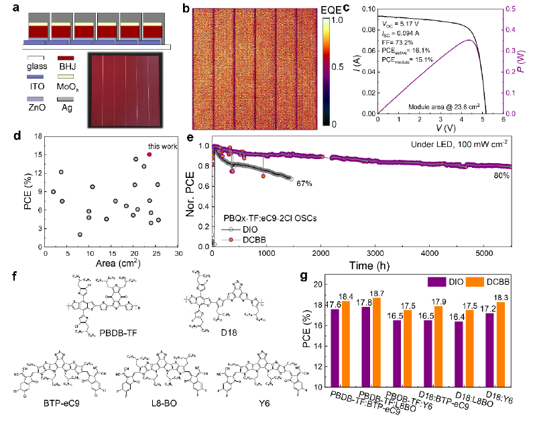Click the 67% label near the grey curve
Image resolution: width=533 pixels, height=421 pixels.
pos(303,183)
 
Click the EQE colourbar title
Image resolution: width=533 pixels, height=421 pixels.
pos(336,9)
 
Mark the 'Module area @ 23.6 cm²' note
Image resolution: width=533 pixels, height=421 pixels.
pos(443,105)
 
